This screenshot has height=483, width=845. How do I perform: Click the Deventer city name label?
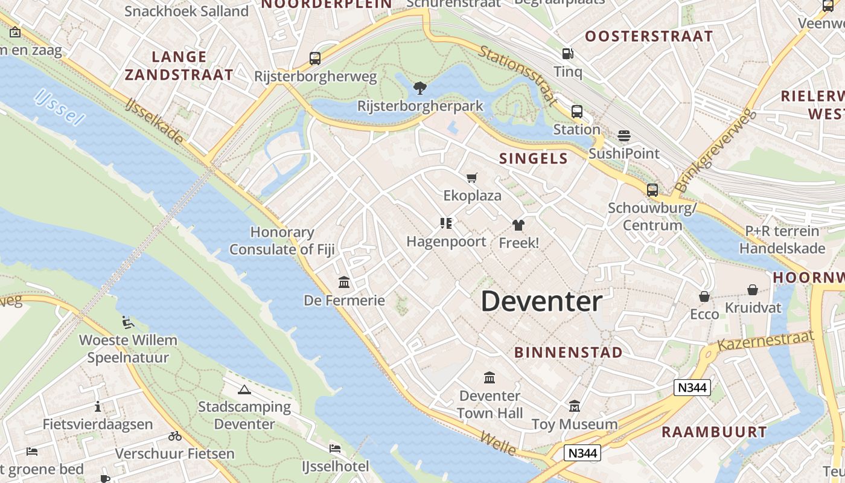[541, 301]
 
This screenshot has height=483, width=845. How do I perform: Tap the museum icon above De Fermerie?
[344, 282]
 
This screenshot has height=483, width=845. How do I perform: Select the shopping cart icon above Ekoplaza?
[472, 178]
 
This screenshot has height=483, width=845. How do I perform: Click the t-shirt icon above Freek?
[518, 225]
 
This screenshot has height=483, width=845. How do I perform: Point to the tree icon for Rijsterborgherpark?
[420, 88]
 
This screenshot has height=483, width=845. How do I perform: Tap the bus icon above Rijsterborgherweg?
[314, 59]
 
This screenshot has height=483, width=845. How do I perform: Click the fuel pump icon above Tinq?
[567, 54]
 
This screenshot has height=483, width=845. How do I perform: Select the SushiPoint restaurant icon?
[624, 135]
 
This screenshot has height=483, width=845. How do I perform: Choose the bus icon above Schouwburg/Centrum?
[652, 190]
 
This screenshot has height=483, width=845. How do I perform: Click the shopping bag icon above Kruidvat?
[752, 290]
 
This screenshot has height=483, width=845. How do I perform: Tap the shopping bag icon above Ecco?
[704, 296]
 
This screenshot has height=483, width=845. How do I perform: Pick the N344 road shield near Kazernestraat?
[692, 388]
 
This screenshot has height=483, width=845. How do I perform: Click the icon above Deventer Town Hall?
[489, 378]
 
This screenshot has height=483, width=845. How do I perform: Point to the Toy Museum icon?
[574, 406]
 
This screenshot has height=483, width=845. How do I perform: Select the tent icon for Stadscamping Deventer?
[244, 389]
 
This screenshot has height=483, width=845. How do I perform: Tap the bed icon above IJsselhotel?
[335, 448]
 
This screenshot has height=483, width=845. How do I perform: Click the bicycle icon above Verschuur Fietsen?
[175, 436]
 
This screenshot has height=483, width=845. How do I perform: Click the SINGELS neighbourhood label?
[534, 159]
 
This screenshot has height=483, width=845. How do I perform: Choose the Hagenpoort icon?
[446, 223]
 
